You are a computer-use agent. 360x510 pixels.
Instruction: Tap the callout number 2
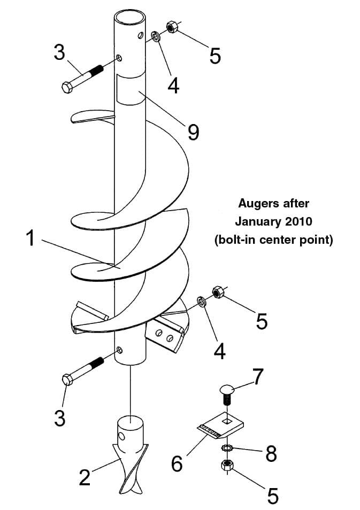[x=85, y=476]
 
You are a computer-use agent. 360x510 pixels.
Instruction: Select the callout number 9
[x=193, y=131]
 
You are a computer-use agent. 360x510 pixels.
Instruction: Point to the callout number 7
[x=258, y=377]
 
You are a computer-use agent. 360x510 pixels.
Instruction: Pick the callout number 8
[x=271, y=454]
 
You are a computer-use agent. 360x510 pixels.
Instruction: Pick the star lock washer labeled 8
[x=227, y=447]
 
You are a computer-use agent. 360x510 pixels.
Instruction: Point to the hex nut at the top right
[x=173, y=26]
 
